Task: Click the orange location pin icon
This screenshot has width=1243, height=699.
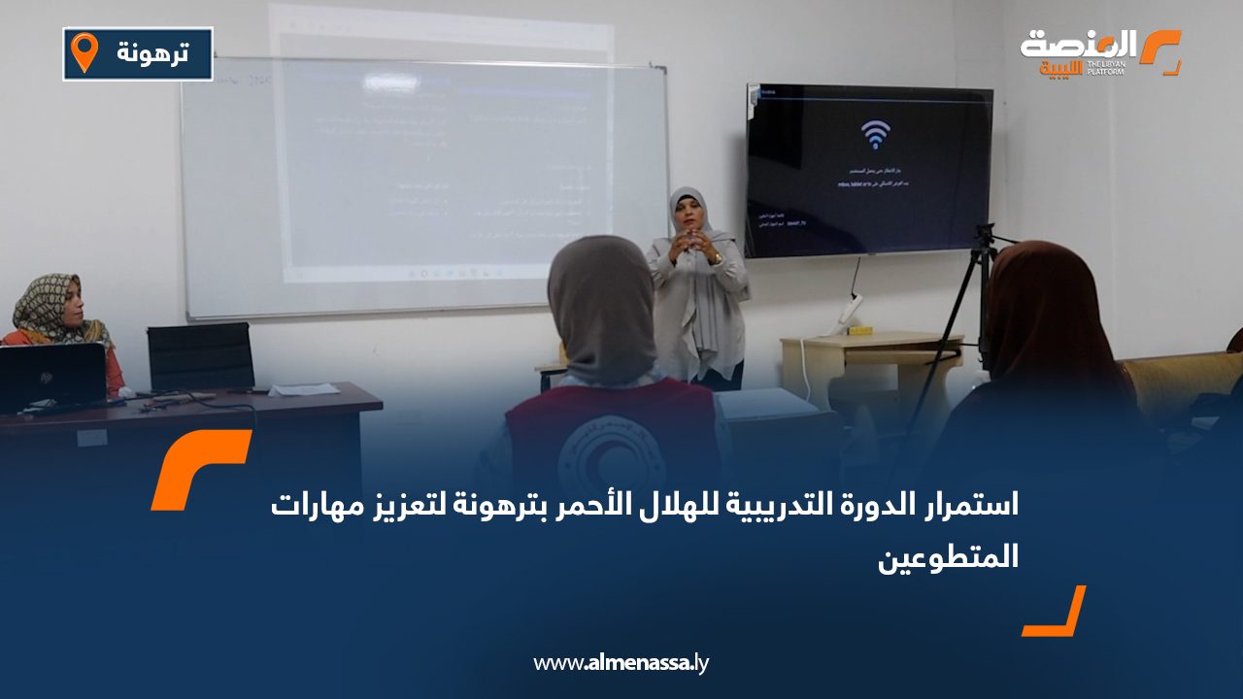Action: click(x=85, y=52)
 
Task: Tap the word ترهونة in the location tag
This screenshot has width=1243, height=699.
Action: click(x=153, y=53)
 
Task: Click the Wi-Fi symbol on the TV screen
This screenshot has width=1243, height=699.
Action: click(x=874, y=134)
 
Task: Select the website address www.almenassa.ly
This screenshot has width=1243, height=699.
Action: click(x=621, y=663)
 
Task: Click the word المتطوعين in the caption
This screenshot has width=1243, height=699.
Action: click(x=948, y=558)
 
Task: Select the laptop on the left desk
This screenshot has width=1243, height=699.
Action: click(x=50, y=377)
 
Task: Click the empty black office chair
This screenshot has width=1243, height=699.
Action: click(x=200, y=356)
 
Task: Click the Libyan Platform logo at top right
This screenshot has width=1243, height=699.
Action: click(x=1099, y=53)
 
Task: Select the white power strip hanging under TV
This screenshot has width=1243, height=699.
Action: click(x=851, y=309)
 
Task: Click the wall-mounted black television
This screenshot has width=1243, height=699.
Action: click(x=869, y=171)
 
